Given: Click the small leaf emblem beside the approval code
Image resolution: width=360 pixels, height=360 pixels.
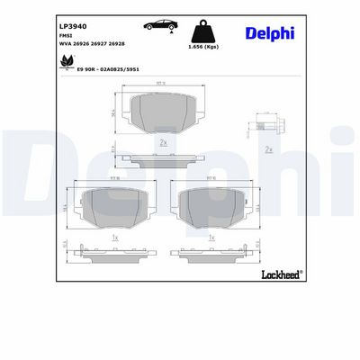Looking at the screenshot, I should click(x=67, y=63).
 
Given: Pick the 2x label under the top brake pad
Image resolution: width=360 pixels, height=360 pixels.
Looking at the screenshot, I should click(x=163, y=143).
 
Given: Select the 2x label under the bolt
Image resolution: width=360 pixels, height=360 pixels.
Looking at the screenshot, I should click(x=268, y=149).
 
